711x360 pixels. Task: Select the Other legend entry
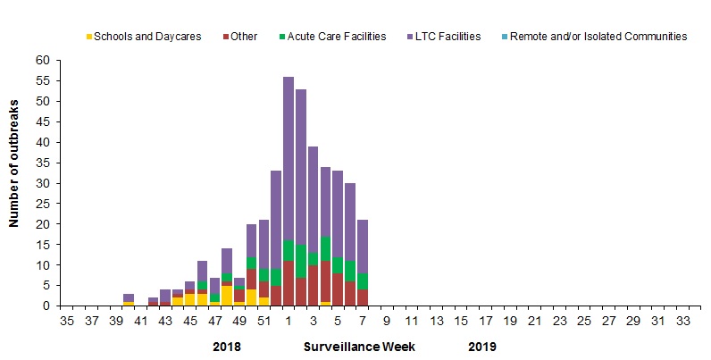(244, 37)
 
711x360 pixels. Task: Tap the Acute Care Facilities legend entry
(343, 37)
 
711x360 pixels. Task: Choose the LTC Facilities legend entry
(444, 37)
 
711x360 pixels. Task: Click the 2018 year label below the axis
(228, 346)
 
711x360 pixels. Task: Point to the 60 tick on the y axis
(43, 61)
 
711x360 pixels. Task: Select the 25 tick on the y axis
(43, 204)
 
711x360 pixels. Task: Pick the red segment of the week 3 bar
(314, 285)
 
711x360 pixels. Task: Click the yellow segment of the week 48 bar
(227, 296)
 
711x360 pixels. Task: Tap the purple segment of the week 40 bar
(129, 297)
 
